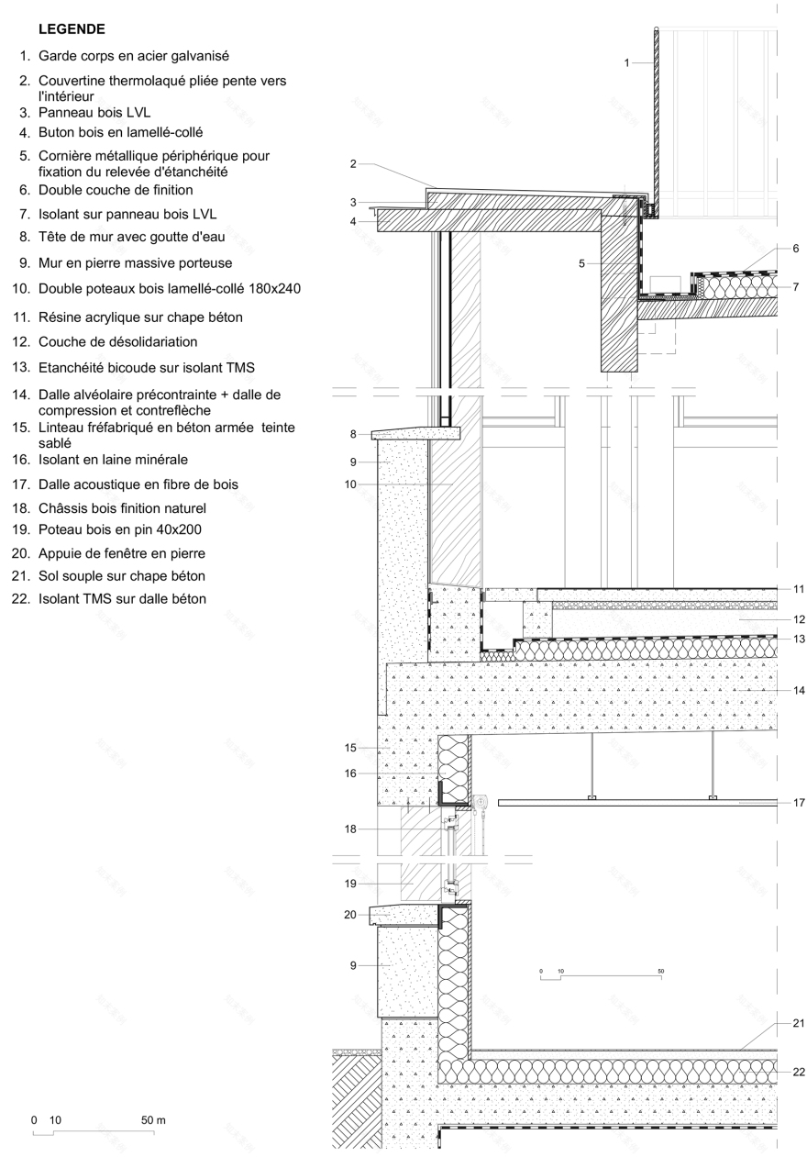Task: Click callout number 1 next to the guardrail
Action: point(626,62)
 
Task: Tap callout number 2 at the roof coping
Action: point(353,163)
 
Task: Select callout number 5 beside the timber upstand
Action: point(581,263)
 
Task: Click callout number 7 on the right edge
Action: point(796,286)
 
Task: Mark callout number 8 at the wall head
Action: point(353,433)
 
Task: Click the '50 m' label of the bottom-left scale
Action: point(153,1120)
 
